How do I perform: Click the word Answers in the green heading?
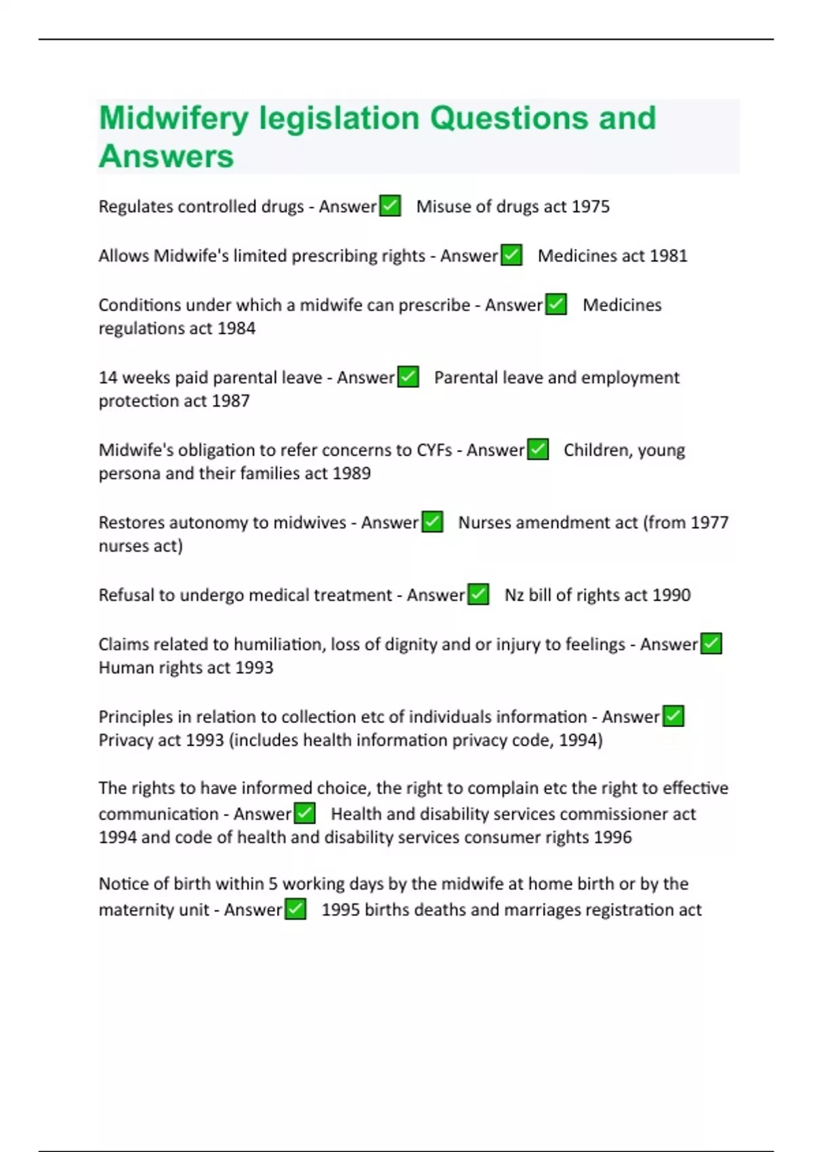pyautogui.click(x=166, y=157)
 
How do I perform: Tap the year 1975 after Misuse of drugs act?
pyautogui.click(x=590, y=207)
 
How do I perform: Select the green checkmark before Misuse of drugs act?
pyautogui.click(x=390, y=205)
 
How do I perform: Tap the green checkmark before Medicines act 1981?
pyautogui.click(x=512, y=255)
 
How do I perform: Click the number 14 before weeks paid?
pyautogui.click(x=108, y=377)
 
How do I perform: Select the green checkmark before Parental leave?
pyautogui.click(x=408, y=377)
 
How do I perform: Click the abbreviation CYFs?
pyautogui.click(x=434, y=451)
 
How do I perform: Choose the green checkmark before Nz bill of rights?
pyautogui.click(x=478, y=594)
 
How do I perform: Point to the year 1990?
pyautogui.click(x=671, y=596)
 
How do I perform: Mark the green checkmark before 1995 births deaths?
pyautogui.click(x=295, y=909)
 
